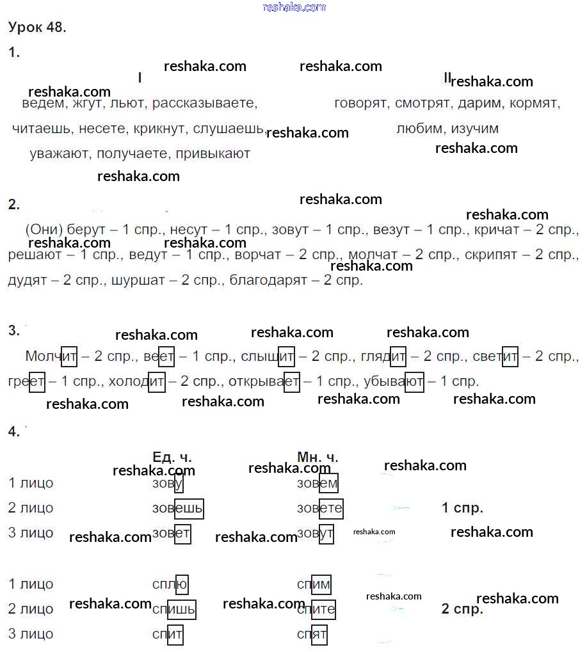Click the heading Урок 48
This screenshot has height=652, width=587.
coord(37,28)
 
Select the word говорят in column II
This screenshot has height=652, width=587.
coord(361,103)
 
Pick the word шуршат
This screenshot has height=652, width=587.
coord(133,280)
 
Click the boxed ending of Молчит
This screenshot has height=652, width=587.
coord(68,356)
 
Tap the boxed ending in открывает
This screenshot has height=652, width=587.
coord(291,382)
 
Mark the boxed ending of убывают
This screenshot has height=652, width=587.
coord(414,382)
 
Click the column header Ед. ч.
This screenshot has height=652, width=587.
coord(172,457)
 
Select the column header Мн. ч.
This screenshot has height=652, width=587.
coord(318,457)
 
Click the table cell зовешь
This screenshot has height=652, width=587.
coord(178,508)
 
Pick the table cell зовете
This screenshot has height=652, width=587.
coord(320,508)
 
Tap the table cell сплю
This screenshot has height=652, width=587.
coord(170,584)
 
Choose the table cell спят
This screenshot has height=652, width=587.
coord(312,634)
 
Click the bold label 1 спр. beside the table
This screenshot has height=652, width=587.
coord(462,508)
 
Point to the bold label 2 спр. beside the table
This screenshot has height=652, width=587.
coord(462,609)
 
